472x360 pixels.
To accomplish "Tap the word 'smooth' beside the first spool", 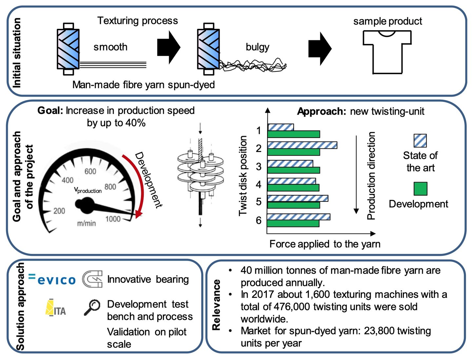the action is (x=110, y=47).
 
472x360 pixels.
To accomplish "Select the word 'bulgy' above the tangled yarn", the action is (x=257, y=47).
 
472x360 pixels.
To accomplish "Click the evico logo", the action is (x=52, y=279).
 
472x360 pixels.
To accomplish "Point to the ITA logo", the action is (x=55, y=307).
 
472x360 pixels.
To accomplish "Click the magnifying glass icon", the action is (x=92, y=307).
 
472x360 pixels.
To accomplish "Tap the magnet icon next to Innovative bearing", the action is (x=92, y=279).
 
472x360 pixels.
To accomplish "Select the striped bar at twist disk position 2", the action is (x=302, y=145).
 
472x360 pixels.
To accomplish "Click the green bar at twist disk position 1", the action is (x=293, y=134).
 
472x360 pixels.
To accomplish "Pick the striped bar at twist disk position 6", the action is (x=299, y=217).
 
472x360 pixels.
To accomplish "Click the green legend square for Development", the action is (x=421, y=189).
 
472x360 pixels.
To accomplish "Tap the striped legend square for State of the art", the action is (x=420, y=141).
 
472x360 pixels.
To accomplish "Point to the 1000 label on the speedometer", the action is (x=113, y=219).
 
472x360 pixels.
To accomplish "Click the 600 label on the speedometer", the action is (x=90, y=171).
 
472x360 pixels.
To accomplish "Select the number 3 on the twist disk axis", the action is (x=259, y=166).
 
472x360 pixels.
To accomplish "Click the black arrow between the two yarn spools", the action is (x=169, y=47).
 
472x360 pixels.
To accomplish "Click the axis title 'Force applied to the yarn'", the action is (x=325, y=244).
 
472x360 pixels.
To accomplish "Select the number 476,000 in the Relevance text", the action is (x=292, y=307).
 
